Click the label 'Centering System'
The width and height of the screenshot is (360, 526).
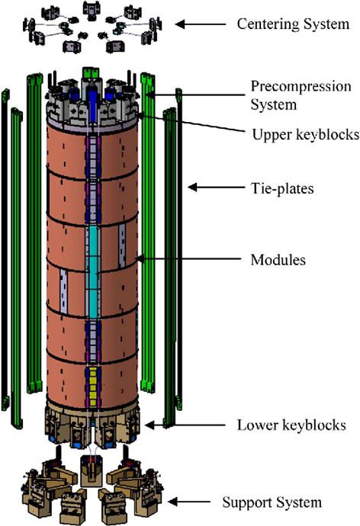293,24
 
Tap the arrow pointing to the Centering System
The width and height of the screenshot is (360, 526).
201,24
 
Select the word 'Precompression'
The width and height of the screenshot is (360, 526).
301,87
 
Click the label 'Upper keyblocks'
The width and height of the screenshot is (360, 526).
305,134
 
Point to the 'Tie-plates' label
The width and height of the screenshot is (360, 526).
282,188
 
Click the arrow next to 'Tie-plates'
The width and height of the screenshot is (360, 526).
216,187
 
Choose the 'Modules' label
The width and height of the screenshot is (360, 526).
278,260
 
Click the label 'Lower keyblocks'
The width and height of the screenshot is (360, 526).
291,425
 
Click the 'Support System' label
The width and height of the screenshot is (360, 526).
272,502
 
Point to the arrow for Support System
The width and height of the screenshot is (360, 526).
189,502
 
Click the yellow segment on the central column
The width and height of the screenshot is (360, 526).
94,386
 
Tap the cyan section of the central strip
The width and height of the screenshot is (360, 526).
92,271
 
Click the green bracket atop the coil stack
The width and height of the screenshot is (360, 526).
91,72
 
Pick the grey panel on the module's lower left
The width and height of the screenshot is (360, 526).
64,290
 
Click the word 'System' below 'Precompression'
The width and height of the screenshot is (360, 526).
274,104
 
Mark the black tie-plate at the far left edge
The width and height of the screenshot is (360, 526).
5,250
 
